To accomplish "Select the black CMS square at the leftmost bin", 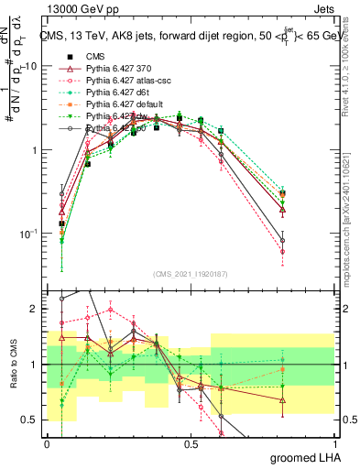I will [x=61, y=224].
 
